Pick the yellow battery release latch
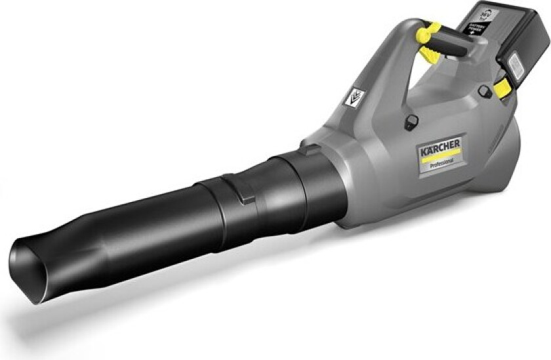(x=501, y=89)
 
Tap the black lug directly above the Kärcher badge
(x=411, y=121)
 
